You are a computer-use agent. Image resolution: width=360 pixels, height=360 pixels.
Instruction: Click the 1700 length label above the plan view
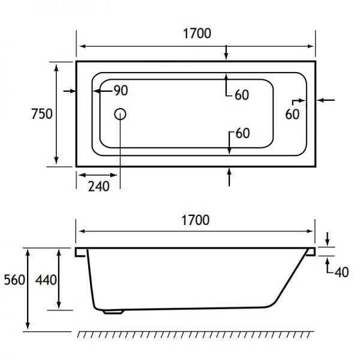(x=196, y=34)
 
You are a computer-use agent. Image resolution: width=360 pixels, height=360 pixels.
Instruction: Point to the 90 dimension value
(x=121, y=91)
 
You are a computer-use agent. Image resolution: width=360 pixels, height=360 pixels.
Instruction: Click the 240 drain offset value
(x=98, y=186)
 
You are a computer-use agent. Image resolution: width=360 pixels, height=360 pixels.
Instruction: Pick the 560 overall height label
(x=15, y=280)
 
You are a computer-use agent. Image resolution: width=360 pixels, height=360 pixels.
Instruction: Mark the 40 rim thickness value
(x=341, y=272)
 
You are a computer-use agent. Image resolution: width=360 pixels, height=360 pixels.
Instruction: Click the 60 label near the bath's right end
(x=292, y=114)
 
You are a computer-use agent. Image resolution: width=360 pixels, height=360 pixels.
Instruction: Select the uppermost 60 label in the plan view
(x=242, y=95)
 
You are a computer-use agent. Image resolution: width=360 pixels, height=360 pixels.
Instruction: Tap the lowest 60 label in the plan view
(x=242, y=133)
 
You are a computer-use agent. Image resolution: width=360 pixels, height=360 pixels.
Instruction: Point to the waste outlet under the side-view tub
(x=112, y=311)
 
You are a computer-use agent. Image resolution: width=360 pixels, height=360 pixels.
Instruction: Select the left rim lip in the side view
(x=81, y=252)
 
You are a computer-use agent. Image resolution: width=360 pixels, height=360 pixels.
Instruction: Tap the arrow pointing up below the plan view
(x=229, y=175)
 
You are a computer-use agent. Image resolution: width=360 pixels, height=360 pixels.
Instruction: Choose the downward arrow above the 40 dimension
(x=327, y=239)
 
